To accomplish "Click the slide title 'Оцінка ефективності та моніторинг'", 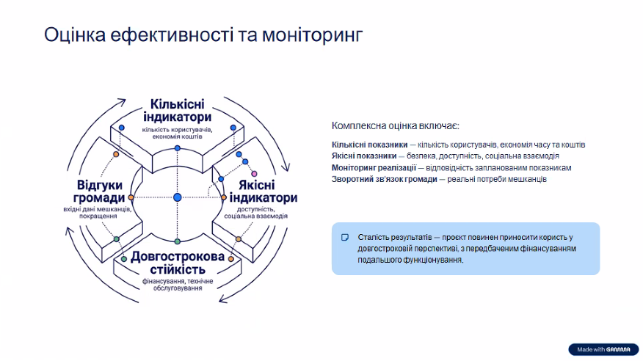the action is [x=203, y=35].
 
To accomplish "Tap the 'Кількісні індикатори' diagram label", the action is [x=177, y=110].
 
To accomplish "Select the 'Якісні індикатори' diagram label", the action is [x=264, y=191].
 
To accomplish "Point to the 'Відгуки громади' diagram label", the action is [x=99, y=191].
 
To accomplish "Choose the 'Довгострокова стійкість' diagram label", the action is [x=178, y=263].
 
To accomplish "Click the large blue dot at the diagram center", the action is [x=177, y=197].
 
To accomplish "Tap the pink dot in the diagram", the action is [x=254, y=174].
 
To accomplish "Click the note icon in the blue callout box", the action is [x=345, y=238].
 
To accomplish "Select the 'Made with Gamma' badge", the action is [x=603, y=349].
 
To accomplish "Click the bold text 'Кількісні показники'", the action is [x=369, y=145].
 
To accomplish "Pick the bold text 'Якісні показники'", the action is [x=364, y=156].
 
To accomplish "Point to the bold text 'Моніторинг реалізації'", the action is [x=374, y=167].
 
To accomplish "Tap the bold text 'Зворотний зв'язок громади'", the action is [x=384, y=179].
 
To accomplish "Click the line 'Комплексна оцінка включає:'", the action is [x=396, y=125].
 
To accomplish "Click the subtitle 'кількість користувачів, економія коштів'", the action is [x=177, y=133].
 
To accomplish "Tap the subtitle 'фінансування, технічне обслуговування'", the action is [x=178, y=285].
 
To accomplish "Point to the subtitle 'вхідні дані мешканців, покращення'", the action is [x=98, y=212].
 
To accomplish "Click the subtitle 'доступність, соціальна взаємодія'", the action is [x=256, y=212].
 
